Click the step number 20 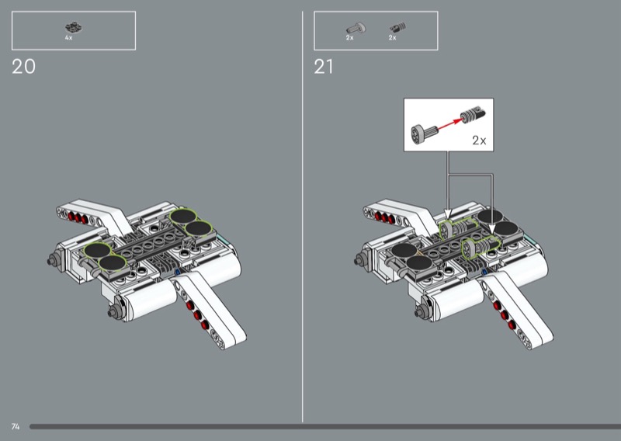[x=24, y=67]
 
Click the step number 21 [x=324, y=67]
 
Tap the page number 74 [x=16, y=426]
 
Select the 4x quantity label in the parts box [x=68, y=37]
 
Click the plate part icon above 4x [x=74, y=28]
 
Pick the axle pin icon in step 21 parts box [x=356, y=28]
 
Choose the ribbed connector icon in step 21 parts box [x=397, y=27]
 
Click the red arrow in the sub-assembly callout [x=450, y=124]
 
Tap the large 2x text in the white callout [x=479, y=140]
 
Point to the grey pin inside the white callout [x=424, y=134]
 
